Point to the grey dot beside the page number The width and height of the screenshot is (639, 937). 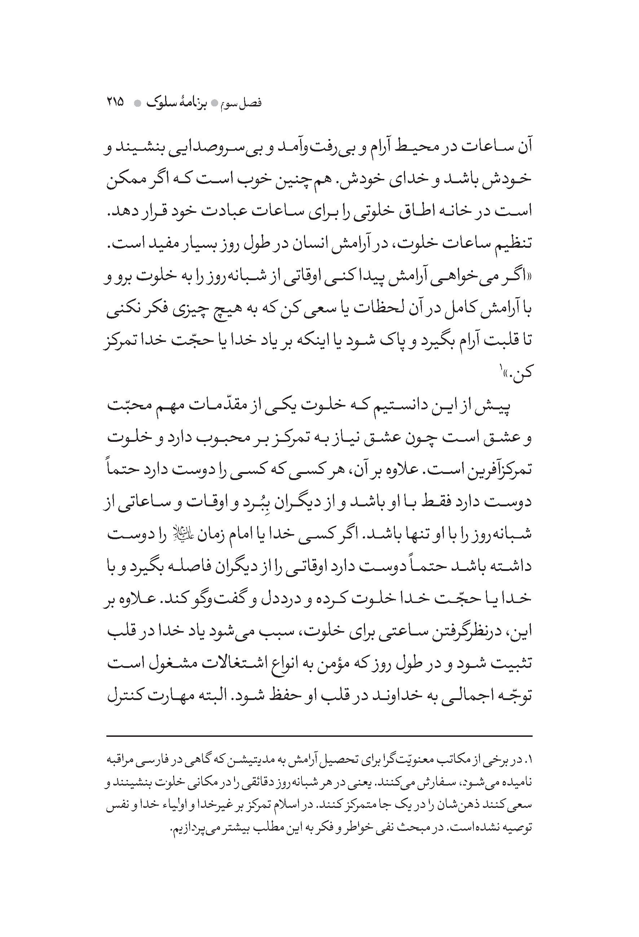[138, 103]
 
